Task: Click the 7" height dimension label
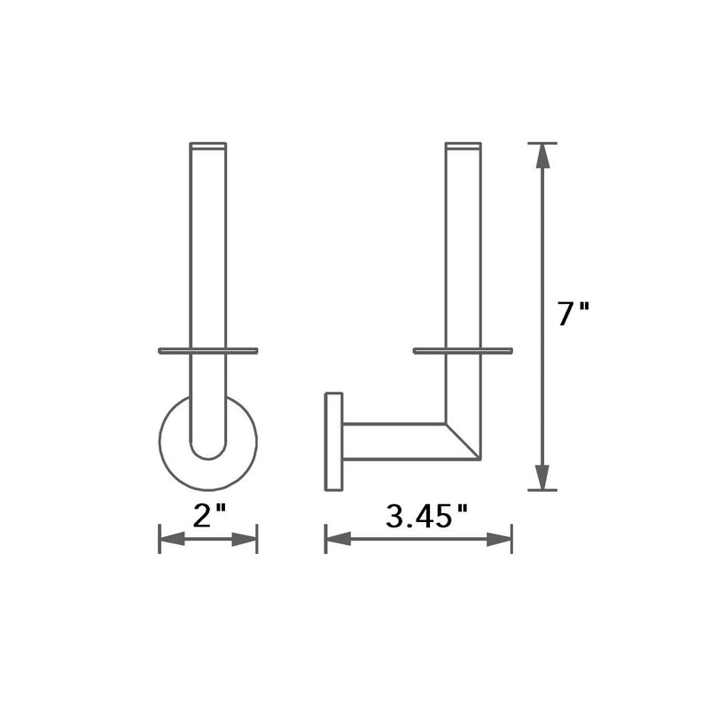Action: coord(573,315)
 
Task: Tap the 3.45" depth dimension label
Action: coord(425,516)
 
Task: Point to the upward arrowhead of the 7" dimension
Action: coord(542,157)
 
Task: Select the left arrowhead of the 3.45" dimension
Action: coord(339,538)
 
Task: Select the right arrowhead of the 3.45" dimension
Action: coord(500,538)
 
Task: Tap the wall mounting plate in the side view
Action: coord(334,441)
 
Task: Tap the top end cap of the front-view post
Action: coord(208,145)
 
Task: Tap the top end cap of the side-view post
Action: coord(463,145)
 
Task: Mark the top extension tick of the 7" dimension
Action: coord(542,143)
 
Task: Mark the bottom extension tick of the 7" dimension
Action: coord(542,489)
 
